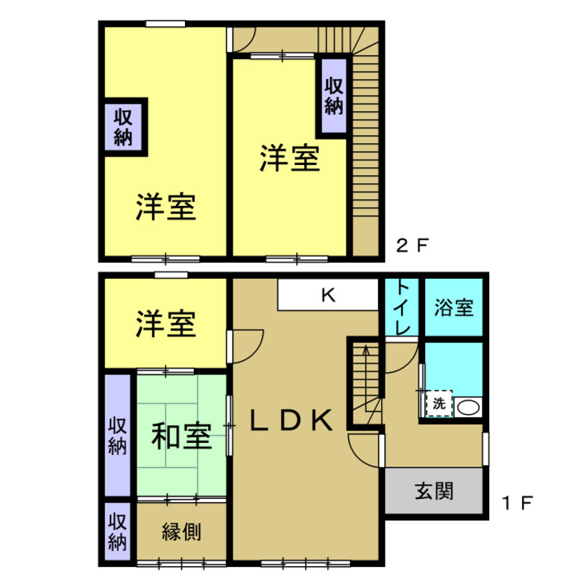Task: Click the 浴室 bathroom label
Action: tap(454, 307)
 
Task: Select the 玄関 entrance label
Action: tap(435, 492)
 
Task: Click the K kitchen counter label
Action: tap(328, 295)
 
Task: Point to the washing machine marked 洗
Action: tap(439, 404)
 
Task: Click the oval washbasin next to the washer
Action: tap(468, 407)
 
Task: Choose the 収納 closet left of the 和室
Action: tap(118, 436)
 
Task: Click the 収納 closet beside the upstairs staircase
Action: tap(333, 96)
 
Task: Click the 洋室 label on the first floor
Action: tap(166, 323)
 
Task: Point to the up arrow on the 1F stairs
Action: tap(365, 351)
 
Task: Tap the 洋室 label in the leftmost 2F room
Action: tap(166, 207)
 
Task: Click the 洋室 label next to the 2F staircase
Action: tap(289, 158)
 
